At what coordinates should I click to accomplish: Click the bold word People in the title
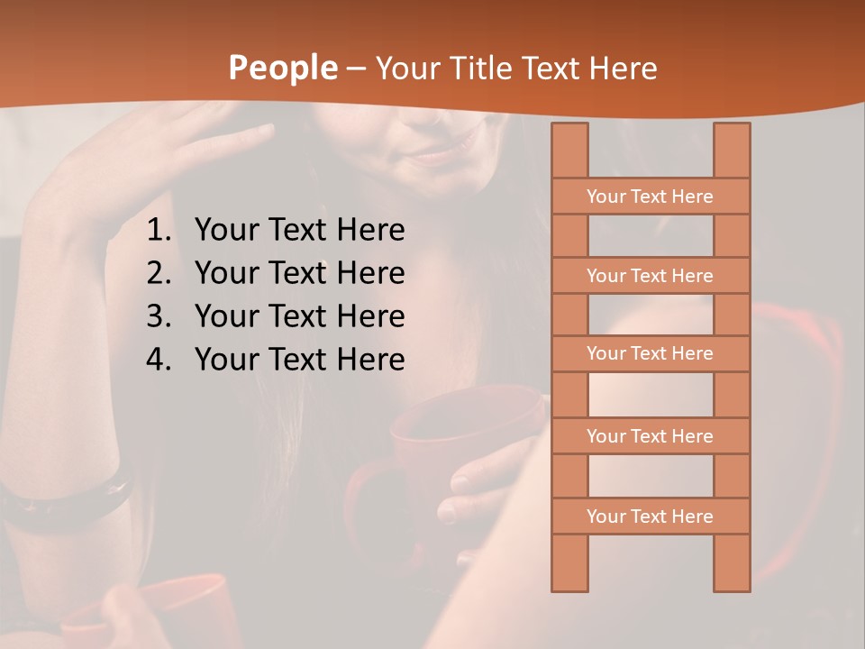[x=282, y=68]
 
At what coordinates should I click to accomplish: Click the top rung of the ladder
[x=650, y=197]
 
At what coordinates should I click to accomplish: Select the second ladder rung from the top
[x=650, y=276]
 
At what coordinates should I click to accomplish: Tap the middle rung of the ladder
[x=650, y=353]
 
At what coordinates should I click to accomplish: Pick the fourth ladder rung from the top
[x=650, y=436]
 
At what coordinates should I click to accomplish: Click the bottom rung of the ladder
[x=650, y=516]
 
